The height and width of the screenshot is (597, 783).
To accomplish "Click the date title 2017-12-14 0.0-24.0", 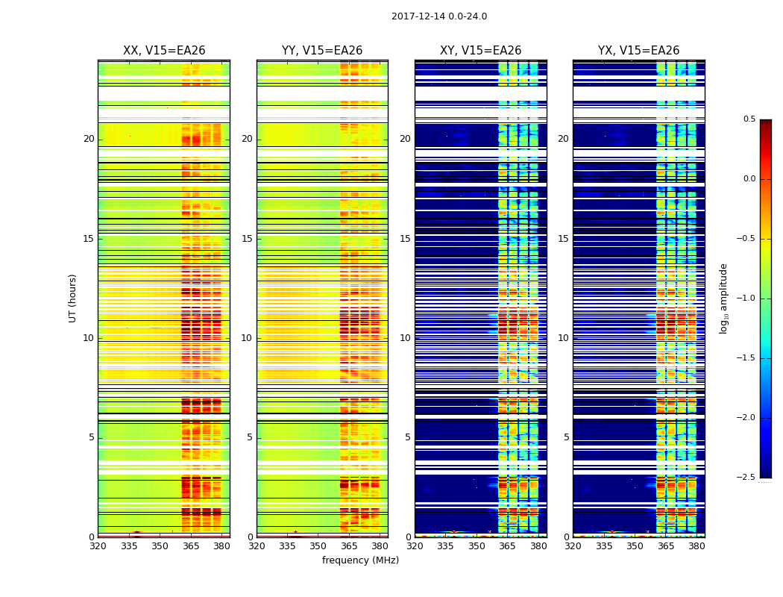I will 439,16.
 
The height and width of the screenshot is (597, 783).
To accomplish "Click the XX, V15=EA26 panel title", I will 164,51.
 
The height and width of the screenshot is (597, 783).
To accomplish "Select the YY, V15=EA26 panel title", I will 322,51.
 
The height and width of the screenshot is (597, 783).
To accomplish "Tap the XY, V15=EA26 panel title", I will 480,51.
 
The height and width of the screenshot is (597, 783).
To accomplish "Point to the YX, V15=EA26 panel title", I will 638,51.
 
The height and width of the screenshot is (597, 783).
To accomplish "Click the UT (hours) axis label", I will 73,298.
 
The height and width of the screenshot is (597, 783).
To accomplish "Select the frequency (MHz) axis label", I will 360,560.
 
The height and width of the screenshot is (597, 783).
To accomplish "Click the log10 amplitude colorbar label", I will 723,298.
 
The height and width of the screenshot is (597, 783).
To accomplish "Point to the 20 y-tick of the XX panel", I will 89,139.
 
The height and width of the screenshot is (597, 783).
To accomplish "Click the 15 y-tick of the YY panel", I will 247,239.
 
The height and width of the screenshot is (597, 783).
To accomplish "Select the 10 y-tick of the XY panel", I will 405,338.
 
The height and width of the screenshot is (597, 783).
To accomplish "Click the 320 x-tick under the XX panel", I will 98,546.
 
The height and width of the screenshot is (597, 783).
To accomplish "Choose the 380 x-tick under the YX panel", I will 696,546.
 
